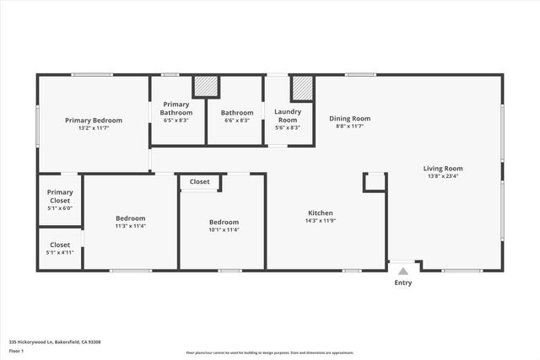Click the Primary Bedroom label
[x=94, y=121]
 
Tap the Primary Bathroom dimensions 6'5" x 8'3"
[x=176, y=121]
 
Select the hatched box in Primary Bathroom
[x=206, y=87]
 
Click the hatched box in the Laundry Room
[x=302, y=88]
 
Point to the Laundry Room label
[x=288, y=116]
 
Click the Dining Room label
[x=349, y=119]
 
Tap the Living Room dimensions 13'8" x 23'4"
[x=443, y=176]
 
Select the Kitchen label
[x=321, y=212]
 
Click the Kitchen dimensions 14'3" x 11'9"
[x=321, y=221]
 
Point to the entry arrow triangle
[x=403, y=271]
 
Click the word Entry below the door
[x=403, y=282]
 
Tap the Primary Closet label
[x=60, y=196]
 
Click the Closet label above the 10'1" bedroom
[x=200, y=181]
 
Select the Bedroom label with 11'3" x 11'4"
[x=131, y=218]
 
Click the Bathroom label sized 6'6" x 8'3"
[x=237, y=113]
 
